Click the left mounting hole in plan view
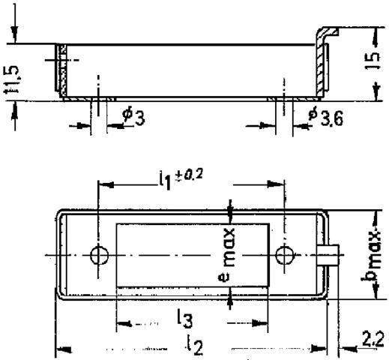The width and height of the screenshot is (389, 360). tap(98, 256)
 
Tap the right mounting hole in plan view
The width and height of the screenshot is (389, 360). tap(283, 256)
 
